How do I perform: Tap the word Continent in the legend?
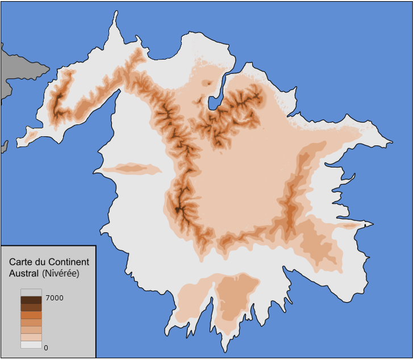[69, 262]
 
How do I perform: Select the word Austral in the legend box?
[23, 273]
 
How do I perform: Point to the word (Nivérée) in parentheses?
[60, 273]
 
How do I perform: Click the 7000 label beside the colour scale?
[55, 298]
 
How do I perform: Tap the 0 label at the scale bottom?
[46, 348]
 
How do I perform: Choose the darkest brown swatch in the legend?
[31, 300]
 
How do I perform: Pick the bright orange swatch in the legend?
[31, 315]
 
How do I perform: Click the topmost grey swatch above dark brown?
[31, 292]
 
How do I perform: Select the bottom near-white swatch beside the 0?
[31, 344]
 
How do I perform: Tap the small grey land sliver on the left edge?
[3, 146]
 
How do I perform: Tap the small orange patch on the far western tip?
[31, 135]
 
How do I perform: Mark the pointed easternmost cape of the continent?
[392, 141]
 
